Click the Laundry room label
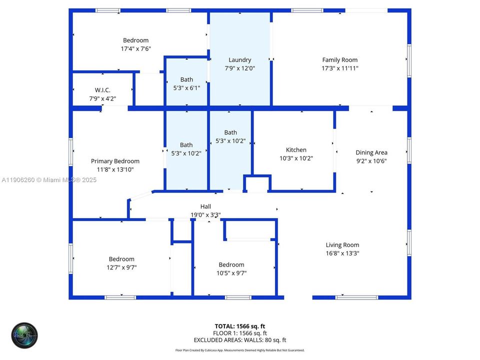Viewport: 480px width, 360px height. [239, 60]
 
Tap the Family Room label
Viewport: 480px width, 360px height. [340, 60]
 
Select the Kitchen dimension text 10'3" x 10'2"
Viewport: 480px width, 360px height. [296, 158]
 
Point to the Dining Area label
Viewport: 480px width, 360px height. [371, 152]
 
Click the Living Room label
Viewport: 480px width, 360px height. [342, 245]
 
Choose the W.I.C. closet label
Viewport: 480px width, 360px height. [102, 90]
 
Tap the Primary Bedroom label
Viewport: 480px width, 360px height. [115, 161]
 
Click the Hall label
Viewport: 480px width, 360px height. [205, 206]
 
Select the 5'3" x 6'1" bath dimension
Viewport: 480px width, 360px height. [186, 88]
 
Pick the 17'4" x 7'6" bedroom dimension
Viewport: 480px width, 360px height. [136, 49]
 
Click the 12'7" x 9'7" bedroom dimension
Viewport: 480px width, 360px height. [122, 267]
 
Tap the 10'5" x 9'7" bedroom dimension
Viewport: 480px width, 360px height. [231, 273]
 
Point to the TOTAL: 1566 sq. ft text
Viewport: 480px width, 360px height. [240, 326]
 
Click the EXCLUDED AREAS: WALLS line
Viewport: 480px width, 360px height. [240, 340]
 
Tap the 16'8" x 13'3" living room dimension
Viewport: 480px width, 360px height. [342, 253]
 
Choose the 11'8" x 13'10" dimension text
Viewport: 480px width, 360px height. [115, 169]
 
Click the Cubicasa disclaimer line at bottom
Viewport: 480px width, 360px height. [240, 350]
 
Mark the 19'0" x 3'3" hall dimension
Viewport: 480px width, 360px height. [205, 214]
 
